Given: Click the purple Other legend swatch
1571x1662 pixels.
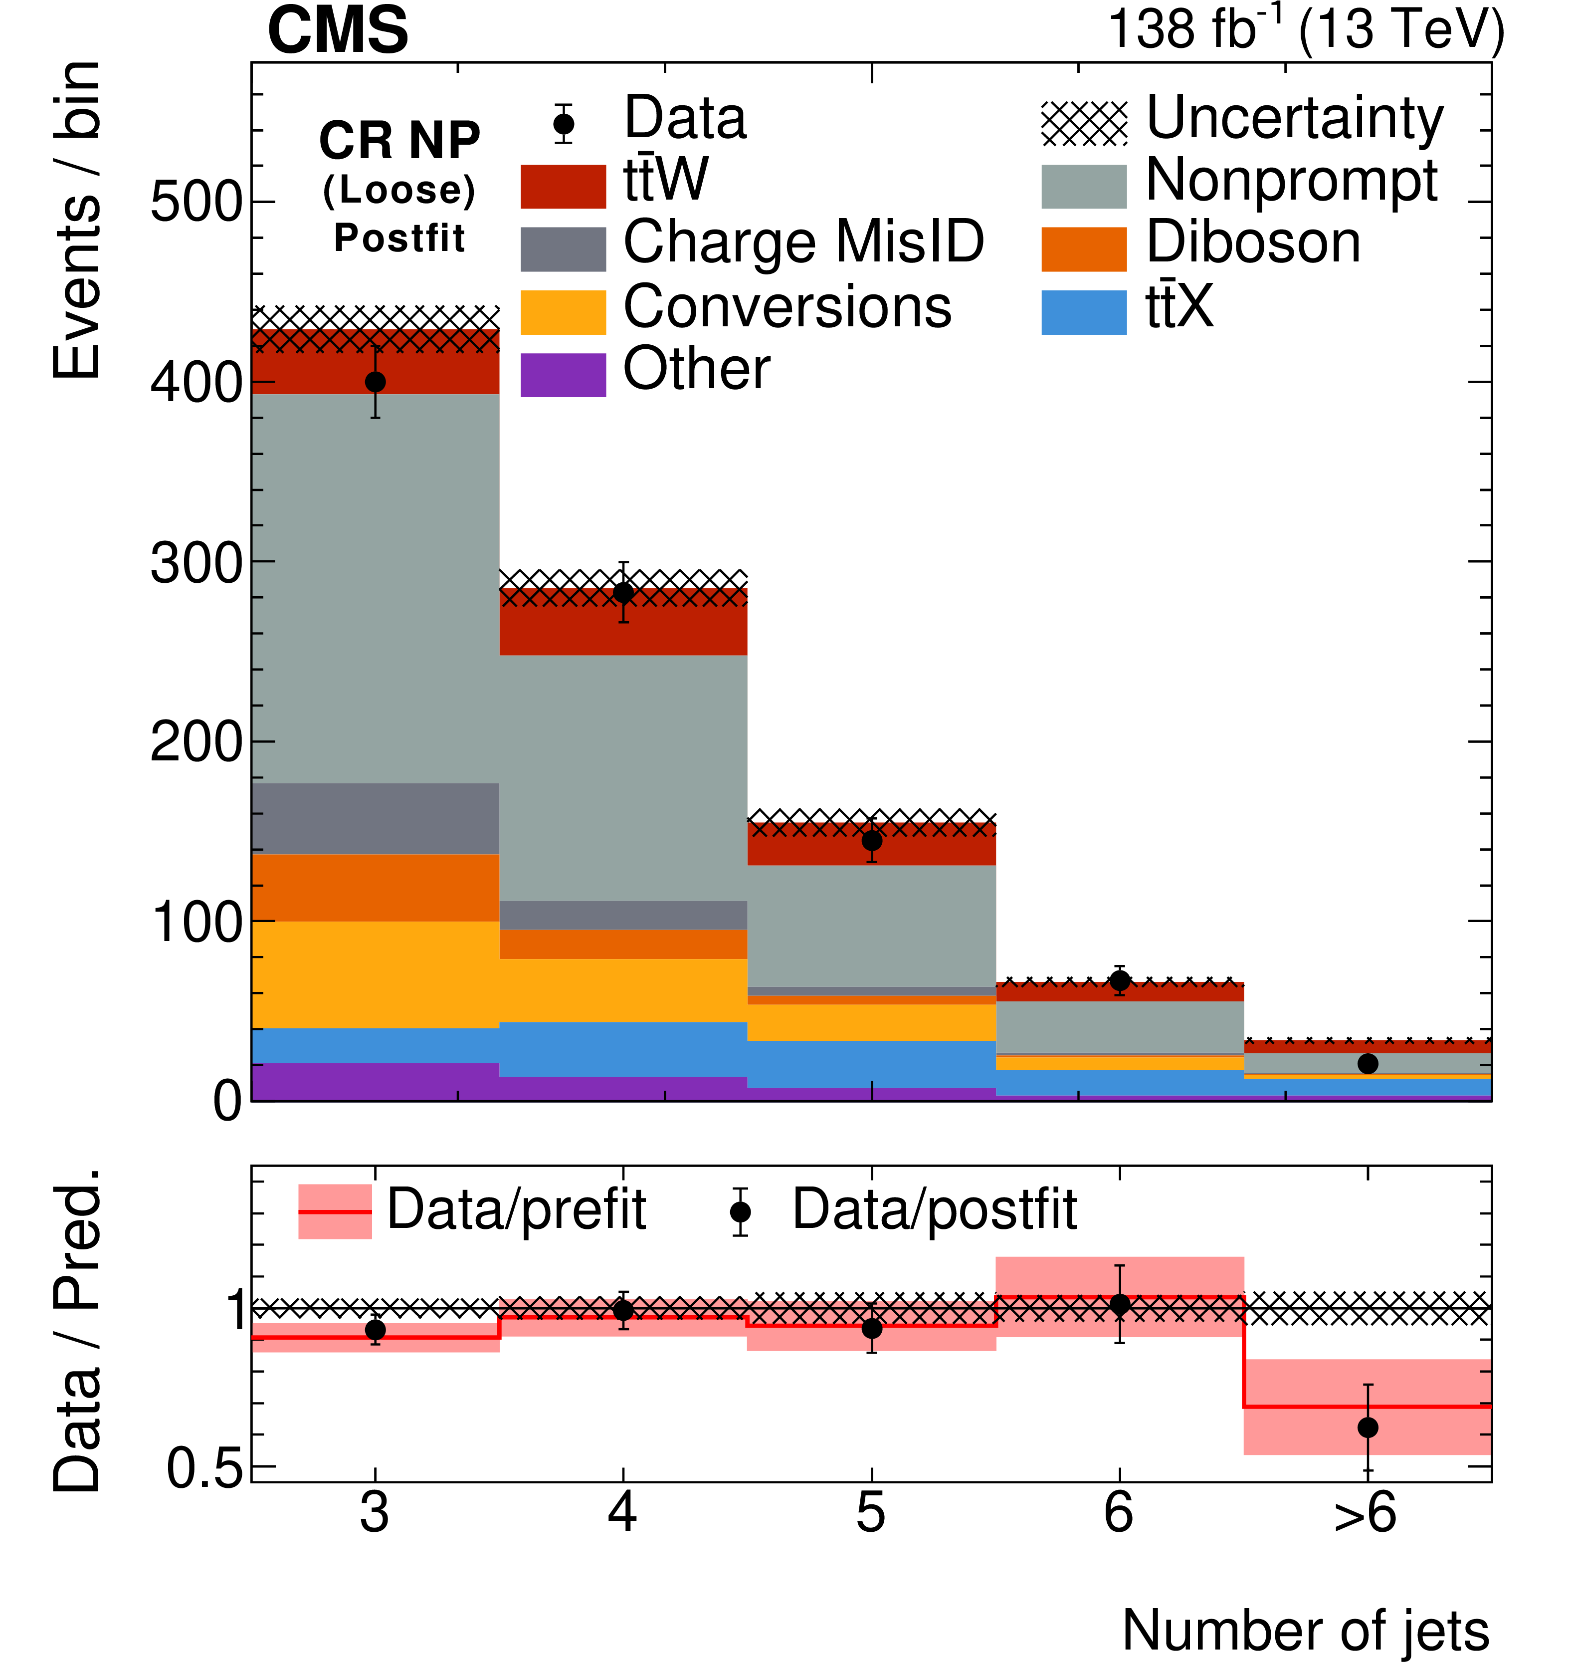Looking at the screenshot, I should pos(563,374).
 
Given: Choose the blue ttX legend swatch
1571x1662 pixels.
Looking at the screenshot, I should pos(1084,312).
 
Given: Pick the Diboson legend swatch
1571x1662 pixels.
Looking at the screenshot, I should pos(1084,249).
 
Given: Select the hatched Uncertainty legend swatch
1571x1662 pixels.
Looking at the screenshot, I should pos(1084,124).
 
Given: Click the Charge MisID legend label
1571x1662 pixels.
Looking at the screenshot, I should pos(803,243).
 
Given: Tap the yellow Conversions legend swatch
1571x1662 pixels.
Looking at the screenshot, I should pos(563,312).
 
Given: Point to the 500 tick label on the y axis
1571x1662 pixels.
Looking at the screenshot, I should pos(196,203).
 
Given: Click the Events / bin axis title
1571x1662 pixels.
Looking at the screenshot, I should pos(77,220).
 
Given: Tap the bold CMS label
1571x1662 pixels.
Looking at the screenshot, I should pos(338,30).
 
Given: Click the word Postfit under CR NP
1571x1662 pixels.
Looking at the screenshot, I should pos(399,238).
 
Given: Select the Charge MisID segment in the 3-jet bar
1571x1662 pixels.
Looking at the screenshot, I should pos(375,818).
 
